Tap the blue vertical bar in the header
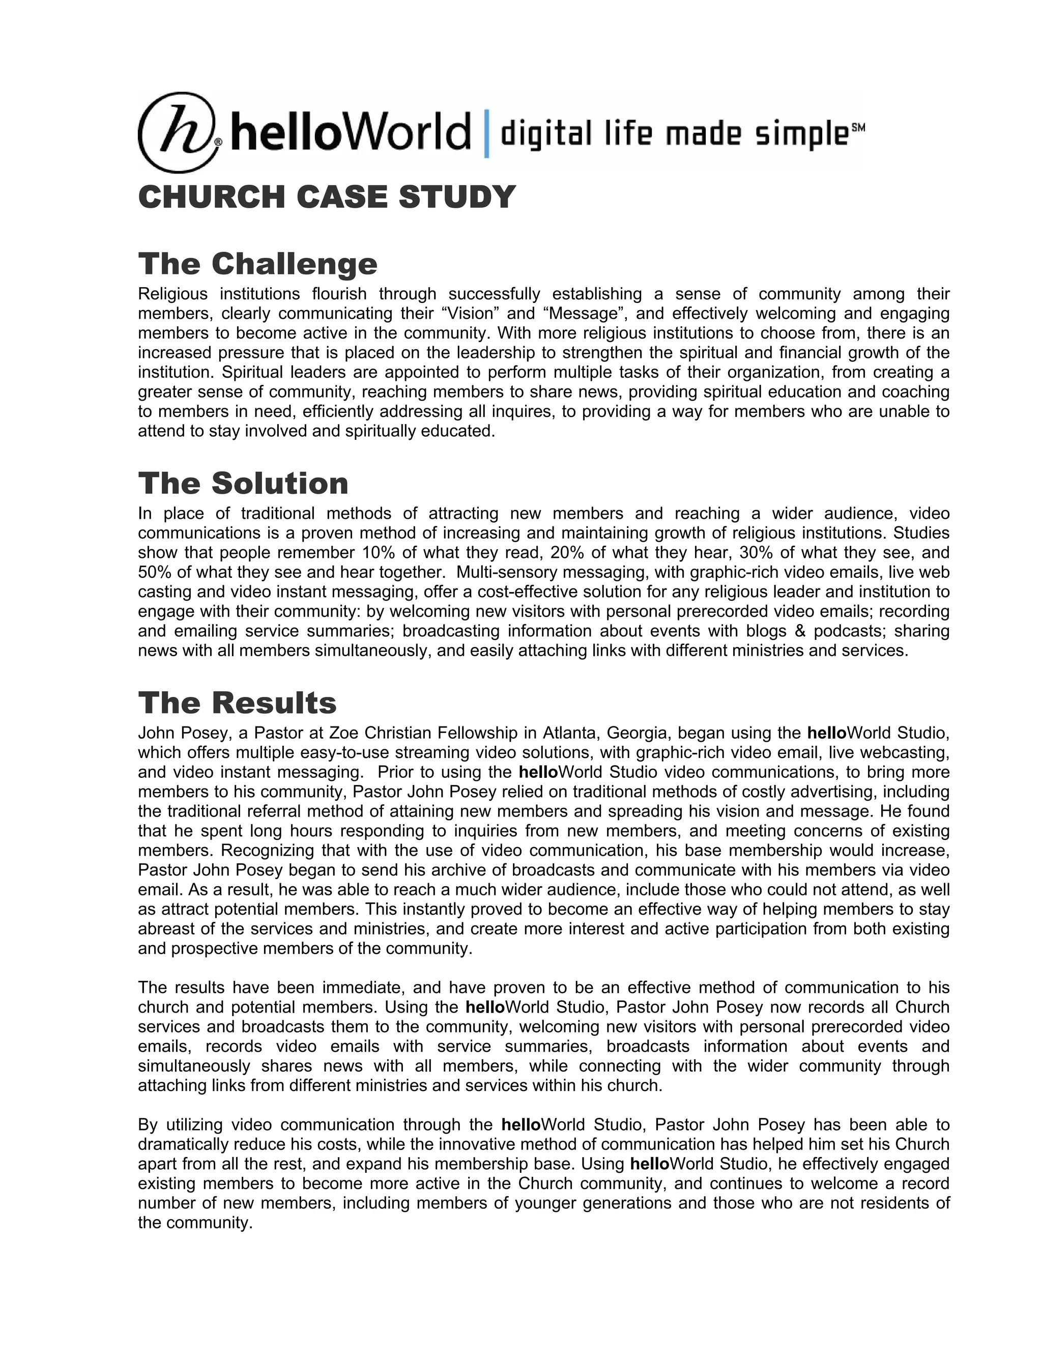coord(486,133)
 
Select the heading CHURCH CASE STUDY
coord(327,197)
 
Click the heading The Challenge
coord(257,264)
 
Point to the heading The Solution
coord(243,483)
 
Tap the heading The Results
coord(237,703)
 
